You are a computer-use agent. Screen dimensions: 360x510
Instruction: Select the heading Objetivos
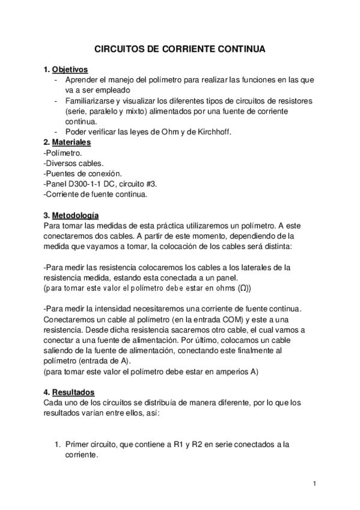pyautogui.click(x=70, y=69)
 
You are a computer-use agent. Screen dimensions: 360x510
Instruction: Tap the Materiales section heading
pyautogui.click(x=72, y=143)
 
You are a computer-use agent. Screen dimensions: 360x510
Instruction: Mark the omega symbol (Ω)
pyautogui.click(x=242, y=288)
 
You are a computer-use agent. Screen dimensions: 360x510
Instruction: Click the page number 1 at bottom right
pyautogui.click(x=314, y=483)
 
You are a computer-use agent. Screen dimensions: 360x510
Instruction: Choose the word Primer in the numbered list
pyautogui.click(x=78, y=444)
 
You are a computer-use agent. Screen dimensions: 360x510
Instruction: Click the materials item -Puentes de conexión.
pyautogui.click(x=83, y=174)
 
